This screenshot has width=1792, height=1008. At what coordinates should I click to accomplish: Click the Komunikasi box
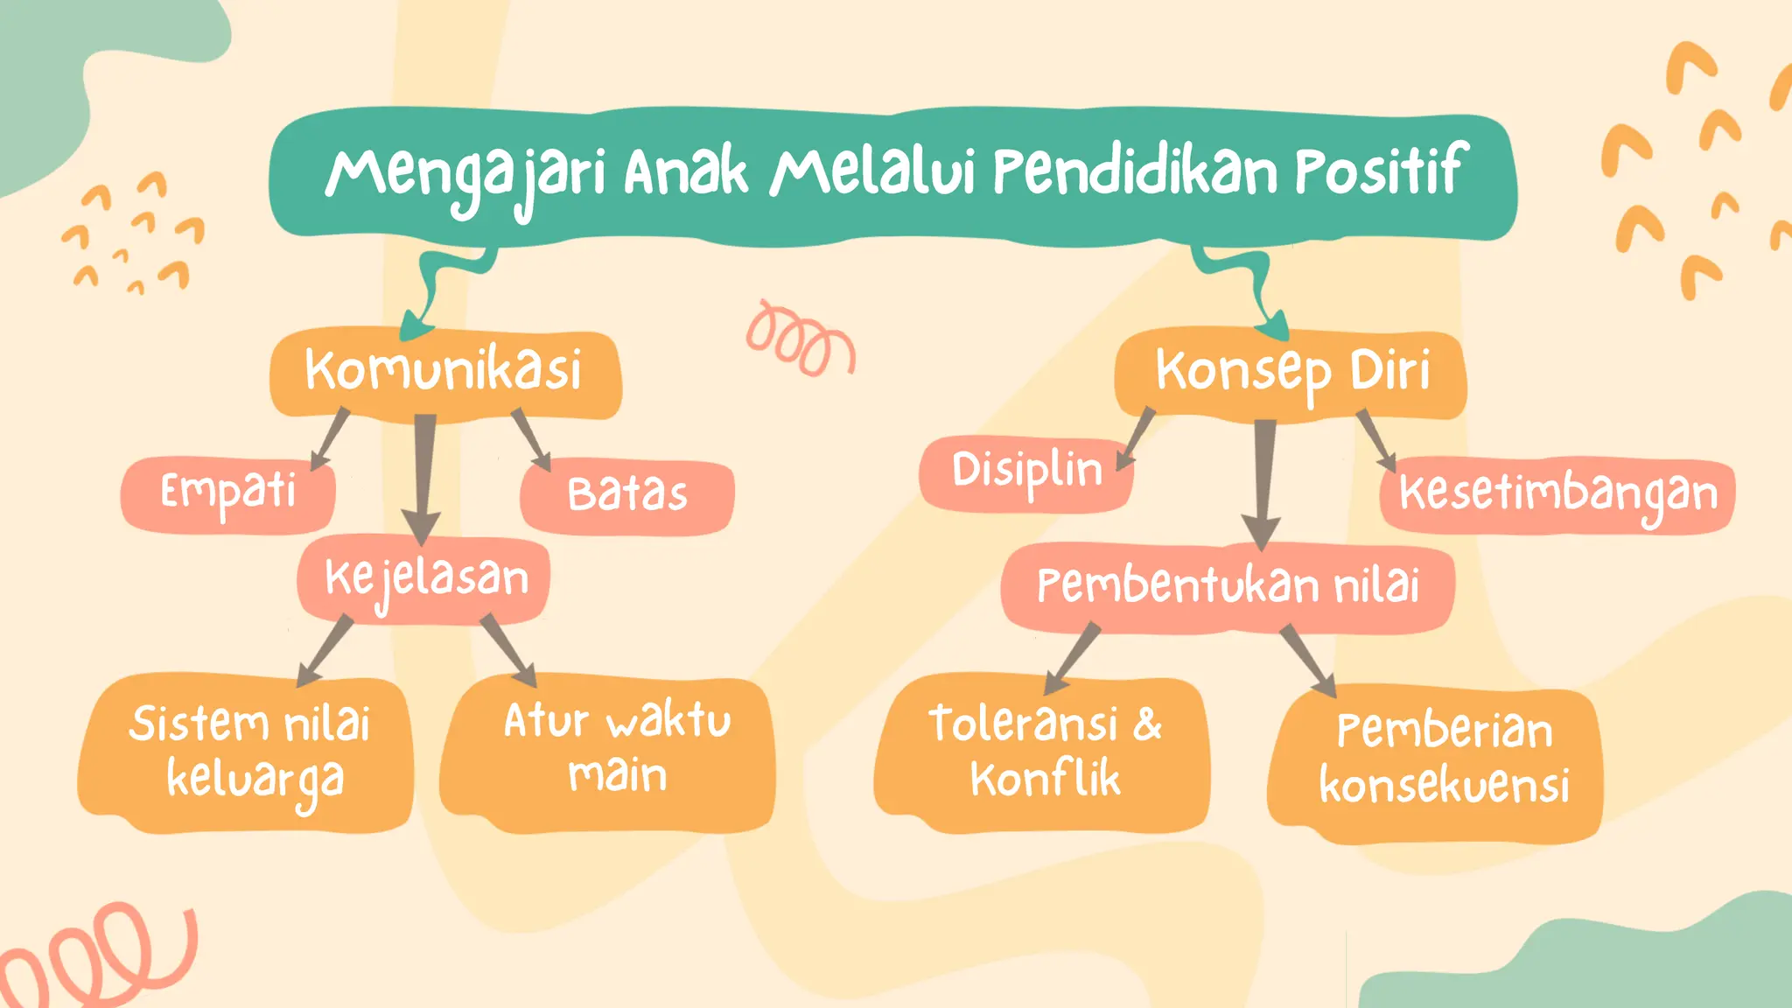[x=444, y=371]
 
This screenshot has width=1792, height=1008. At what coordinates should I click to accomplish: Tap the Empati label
[x=227, y=493]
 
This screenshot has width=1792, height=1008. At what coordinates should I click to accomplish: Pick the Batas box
[x=626, y=495]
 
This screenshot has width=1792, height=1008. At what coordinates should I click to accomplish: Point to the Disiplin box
[x=1025, y=472]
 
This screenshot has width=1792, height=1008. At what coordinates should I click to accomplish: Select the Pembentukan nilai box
[x=1227, y=586]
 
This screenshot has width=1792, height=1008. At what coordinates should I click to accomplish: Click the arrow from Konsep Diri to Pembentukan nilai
[x=1263, y=481]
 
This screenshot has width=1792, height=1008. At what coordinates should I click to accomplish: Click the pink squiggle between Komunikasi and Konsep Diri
[x=798, y=339]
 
